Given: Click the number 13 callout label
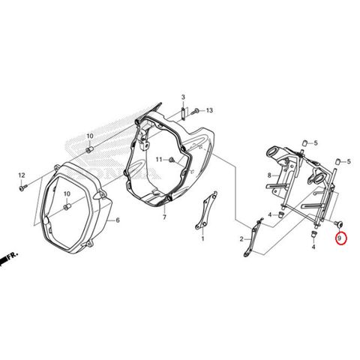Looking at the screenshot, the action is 209,110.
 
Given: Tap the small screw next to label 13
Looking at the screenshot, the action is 195,111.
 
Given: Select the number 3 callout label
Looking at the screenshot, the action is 183,97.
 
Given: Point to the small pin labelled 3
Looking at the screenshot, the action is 183,114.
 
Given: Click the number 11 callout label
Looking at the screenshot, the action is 159,160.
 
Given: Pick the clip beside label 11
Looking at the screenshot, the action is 172,160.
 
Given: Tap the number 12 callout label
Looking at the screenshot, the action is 22,175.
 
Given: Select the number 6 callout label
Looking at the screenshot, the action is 118,220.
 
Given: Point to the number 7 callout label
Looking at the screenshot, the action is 164,217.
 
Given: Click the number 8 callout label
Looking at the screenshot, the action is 269,175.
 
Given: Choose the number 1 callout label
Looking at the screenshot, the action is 202,238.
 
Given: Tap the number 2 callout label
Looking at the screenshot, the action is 241,239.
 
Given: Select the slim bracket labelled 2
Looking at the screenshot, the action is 253,238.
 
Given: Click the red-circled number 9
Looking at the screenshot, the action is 340,238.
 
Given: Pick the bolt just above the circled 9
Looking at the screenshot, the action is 338,224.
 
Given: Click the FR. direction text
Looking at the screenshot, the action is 13,256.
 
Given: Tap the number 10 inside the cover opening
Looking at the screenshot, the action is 67,193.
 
